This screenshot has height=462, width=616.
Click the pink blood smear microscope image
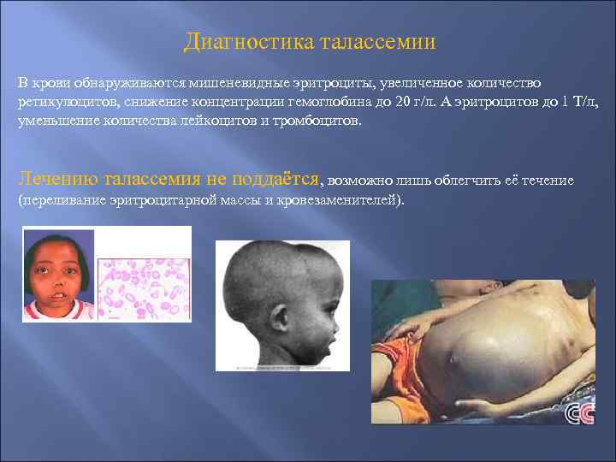pyautogui.click(x=144, y=289)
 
